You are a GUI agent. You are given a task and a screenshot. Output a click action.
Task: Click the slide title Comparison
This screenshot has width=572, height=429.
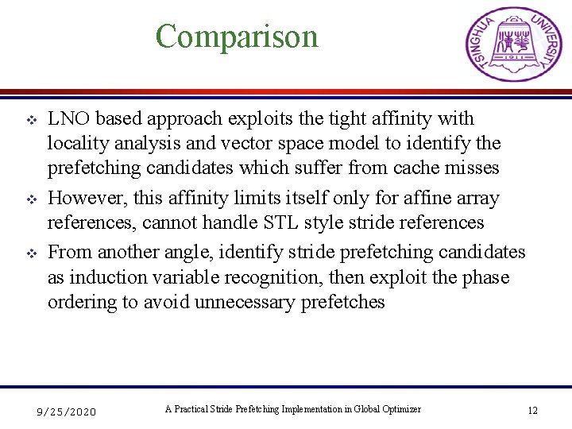pos(237,37)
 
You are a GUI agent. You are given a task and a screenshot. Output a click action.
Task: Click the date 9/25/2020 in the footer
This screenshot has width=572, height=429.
pos(67,412)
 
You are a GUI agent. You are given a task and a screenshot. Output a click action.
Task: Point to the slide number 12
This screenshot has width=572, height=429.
pos(532,411)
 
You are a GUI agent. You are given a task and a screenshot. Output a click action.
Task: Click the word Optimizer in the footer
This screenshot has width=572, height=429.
pos(400,409)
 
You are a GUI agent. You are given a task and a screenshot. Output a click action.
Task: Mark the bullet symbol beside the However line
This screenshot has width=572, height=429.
pos(23,199)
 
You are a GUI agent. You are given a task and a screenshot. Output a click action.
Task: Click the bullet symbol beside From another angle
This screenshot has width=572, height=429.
pos(23,253)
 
